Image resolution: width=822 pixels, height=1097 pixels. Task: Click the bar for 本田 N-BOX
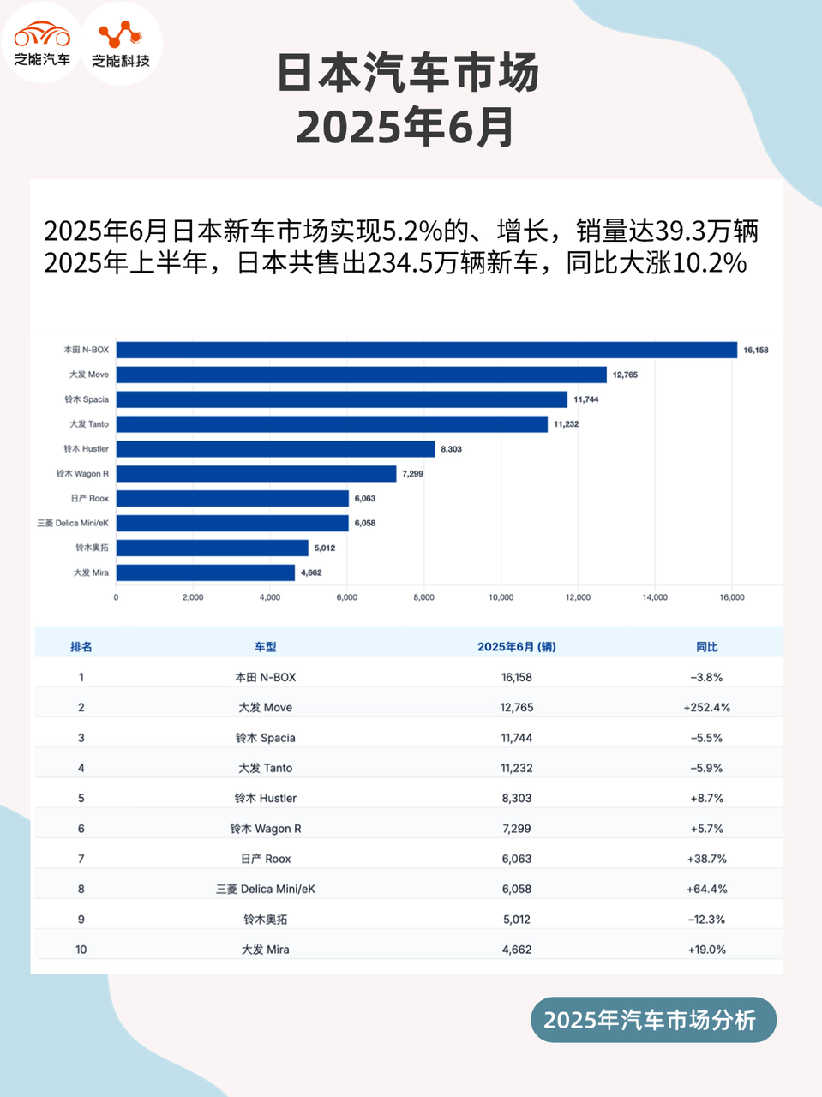pyautogui.click(x=427, y=350)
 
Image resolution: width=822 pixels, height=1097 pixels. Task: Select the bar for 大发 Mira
pyautogui.click(x=206, y=572)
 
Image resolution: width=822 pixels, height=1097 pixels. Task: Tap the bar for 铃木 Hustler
pyautogui.click(x=275, y=449)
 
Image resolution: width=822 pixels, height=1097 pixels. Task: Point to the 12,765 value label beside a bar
pyautogui.click(x=625, y=375)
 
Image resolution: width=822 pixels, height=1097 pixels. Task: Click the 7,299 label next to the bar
pyautogui.click(x=412, y=474)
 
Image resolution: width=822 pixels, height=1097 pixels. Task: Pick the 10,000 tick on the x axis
pyautogui.click(x=501, y=597)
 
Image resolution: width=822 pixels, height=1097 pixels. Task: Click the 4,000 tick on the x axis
pyautogui.click(x=270, y=597)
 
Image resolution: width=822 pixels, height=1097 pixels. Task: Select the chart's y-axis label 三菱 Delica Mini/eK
pyautogui.click(x=73, y=523)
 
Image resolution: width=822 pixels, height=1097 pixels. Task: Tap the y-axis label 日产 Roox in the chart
pyautogui.click(x=90, y=498)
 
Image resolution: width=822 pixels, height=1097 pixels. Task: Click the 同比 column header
pyautogui.click(x=706, y=647)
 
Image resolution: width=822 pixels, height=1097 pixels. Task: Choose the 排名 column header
pyautogui.click(x=81, y=647)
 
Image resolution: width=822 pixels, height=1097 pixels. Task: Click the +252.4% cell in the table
pyautogui.click(x=706, y=708)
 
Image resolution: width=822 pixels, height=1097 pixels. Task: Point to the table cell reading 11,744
pyautogui.click(x=517, y=738)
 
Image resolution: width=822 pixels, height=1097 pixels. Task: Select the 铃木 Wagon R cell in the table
pyautogui.click(x=266, y=829)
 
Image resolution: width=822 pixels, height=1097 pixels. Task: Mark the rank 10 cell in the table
pyautogui.click(x=81, y=950)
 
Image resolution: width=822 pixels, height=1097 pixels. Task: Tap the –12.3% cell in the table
pyautogui.click(x=706, y=920)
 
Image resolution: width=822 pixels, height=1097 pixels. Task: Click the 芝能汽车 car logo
pyautogui.click(x=42, y=43)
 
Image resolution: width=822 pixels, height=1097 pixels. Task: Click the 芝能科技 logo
pyautogui.click(x=121, y=43)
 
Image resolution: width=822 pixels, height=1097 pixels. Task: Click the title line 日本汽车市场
pyautogui.click(x=408, y=74)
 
